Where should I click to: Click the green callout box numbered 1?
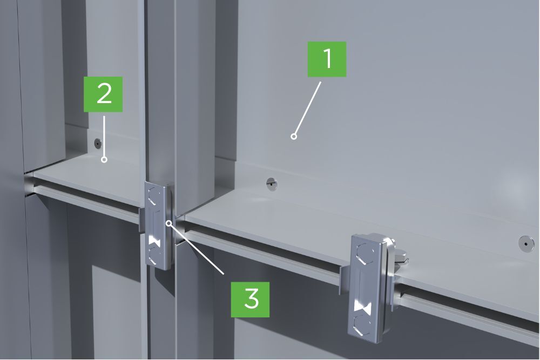[x=327, y=59]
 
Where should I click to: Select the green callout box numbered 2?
[x=103, y=94]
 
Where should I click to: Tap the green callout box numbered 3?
[x=250, y=300]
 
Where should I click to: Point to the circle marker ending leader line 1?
[x=294, y=137]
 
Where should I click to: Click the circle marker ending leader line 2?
[x=104, y=160]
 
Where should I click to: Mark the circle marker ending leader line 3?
[x=168, y=223]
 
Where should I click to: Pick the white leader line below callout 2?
[x=104, y=137]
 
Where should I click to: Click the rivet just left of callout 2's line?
[x=97, y=142]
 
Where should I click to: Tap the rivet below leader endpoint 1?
[x=272, y=184]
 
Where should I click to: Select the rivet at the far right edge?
[x=526, y=243]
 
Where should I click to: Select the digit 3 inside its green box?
[x=252, y=298]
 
